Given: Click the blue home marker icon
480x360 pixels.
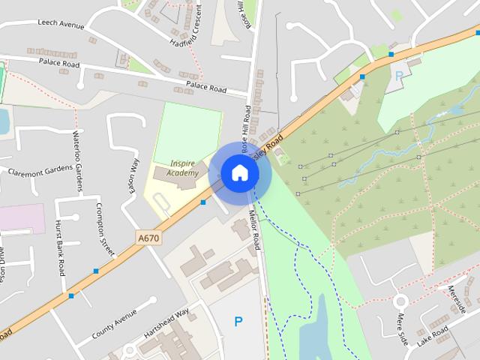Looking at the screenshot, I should point(239,173).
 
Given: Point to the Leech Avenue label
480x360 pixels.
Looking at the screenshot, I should point(61,25).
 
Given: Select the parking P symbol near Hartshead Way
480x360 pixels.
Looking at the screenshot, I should point(238,322).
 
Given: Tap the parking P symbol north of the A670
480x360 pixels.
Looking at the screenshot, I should point(398,75).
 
